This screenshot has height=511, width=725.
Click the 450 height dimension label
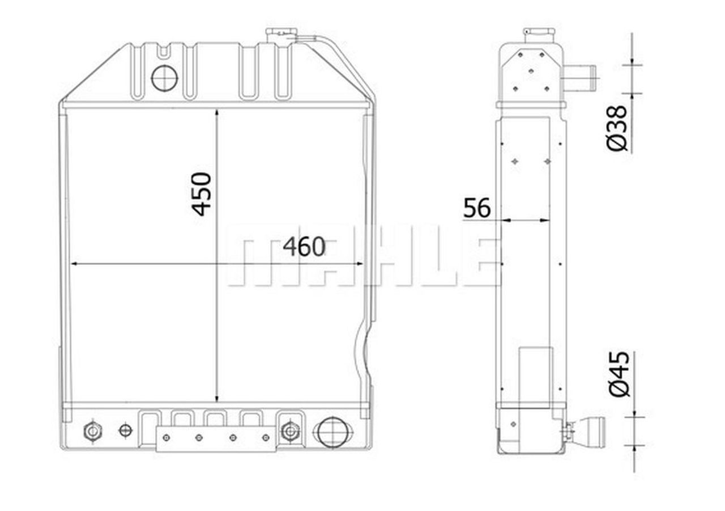pos(201,194)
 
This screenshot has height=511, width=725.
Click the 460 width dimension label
pos(304,247)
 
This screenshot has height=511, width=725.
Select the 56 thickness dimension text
pos(477,208)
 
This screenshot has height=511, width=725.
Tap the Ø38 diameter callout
pos(617,128)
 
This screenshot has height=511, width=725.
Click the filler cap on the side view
pos(540,35)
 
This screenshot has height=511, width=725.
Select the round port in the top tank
pos(165,78)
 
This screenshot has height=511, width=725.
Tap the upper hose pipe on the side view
pos(579,78)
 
